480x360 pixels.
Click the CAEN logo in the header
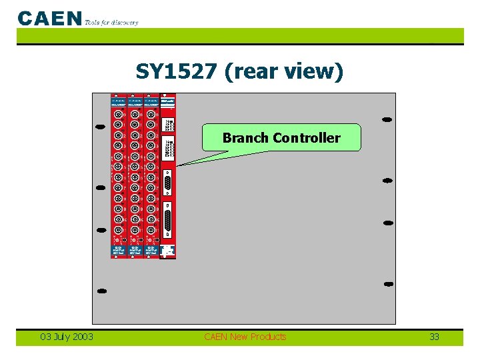point(50,18)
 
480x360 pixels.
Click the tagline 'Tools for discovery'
point(112,22)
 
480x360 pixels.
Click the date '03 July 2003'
point(67,337)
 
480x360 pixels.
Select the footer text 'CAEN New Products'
point(245,337)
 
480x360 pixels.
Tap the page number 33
point(434,337)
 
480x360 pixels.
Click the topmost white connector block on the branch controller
point(168,125)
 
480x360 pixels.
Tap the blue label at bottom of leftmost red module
point(119,250)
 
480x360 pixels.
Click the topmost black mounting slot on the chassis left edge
point(101,125)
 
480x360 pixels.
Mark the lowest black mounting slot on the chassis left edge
point(101,291)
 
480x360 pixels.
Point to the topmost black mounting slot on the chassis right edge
point(387,120)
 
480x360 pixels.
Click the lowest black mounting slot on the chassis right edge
point(387,284)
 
